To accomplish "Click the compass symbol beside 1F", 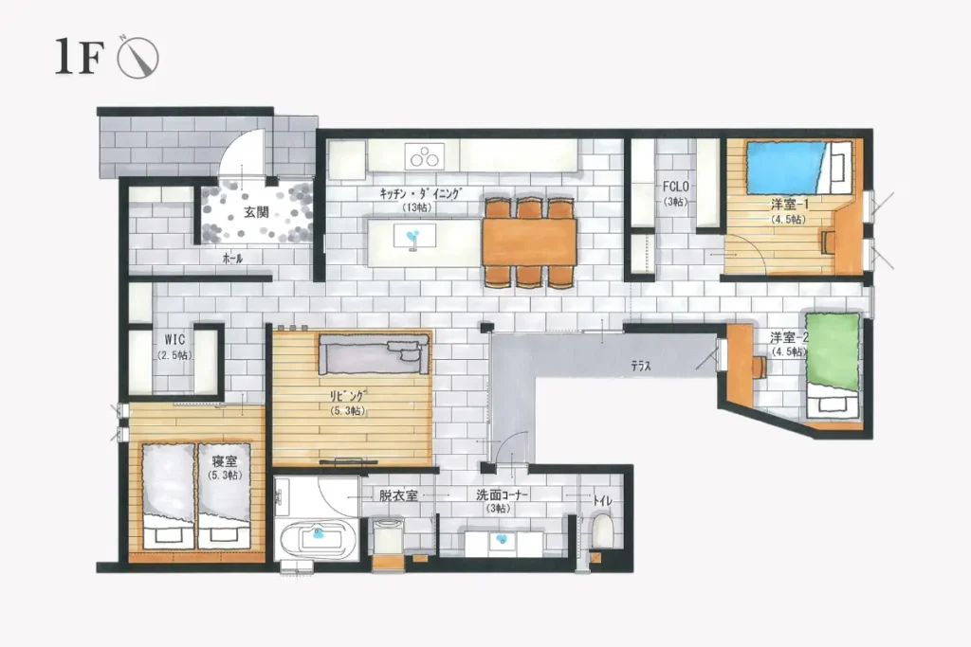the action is [138, 58].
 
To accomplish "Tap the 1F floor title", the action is [79, 57].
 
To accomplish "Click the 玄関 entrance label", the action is [256, 212].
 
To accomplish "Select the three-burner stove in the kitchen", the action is [425, 156].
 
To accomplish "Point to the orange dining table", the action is [529, 242].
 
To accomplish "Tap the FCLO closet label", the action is [675, 187].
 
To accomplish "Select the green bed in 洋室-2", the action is [833, 352].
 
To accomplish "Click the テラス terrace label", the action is [641, 367].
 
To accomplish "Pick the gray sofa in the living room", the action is [375, 353].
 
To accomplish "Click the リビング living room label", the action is [347, 395].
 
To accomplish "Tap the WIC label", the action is [174, 339].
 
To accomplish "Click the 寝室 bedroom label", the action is [224, 460].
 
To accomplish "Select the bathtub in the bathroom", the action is [319, 537].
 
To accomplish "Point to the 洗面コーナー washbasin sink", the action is [503, 542].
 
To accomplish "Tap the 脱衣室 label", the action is [398, 495].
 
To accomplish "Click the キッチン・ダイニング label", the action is [420, 193].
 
